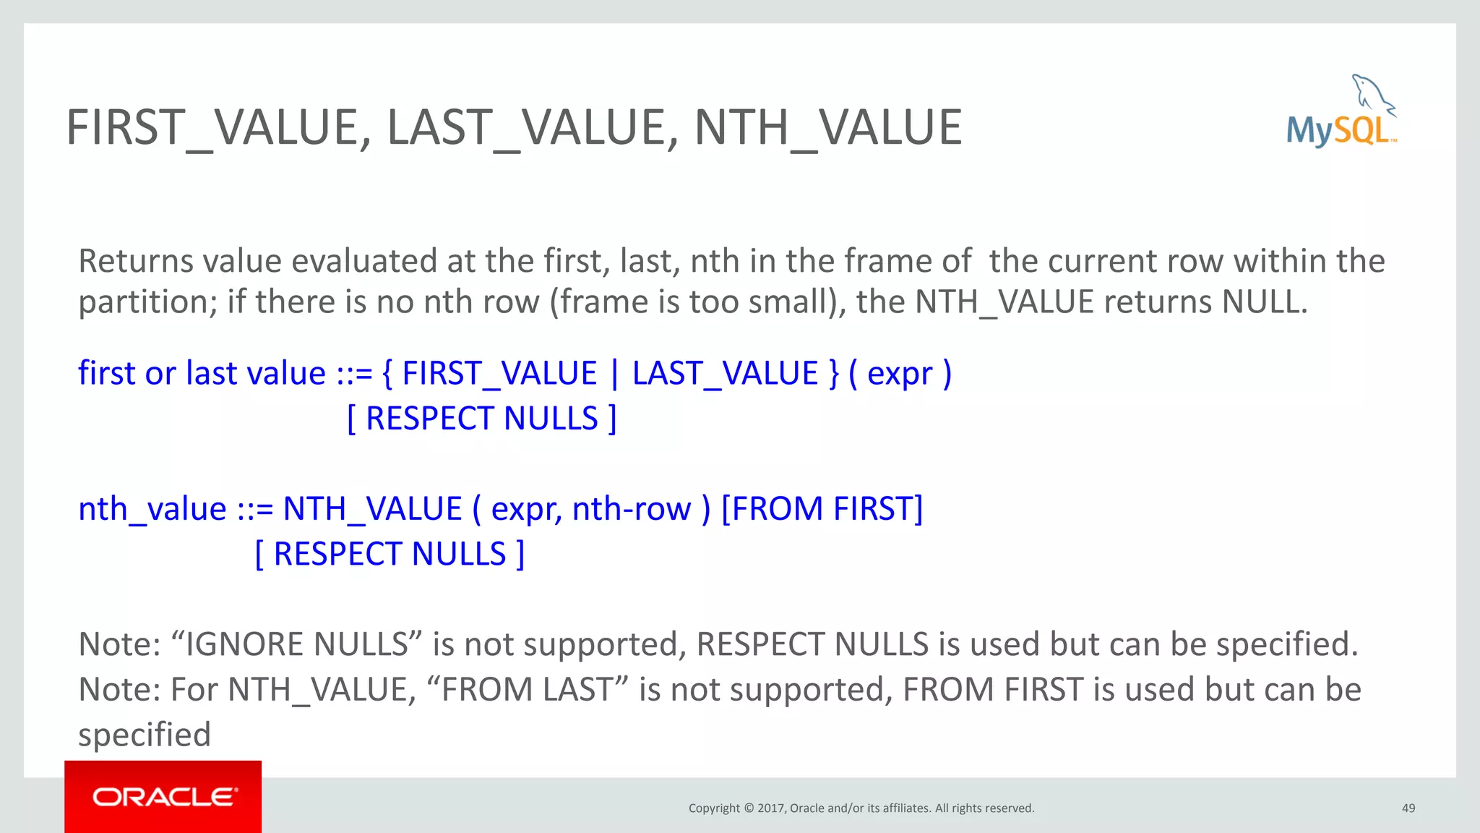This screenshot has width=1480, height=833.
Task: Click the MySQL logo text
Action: [x=1339, y=131]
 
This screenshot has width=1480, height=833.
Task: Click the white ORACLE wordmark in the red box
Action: [x=164, y=797]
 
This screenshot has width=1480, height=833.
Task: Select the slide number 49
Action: [x=1408, y=808]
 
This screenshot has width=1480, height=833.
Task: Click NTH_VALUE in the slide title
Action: [x=828, y=128]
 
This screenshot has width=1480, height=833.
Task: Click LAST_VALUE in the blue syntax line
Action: [x=725, y=374]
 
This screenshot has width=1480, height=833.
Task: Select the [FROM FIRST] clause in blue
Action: [x=822, y=509]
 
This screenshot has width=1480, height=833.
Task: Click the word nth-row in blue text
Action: [x=631, y=509]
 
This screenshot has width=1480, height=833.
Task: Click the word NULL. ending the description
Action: [x=1265, y=302]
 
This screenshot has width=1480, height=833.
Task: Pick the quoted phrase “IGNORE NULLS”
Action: [x=296, y=644]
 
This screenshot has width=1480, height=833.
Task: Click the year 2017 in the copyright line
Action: [x=771, y=808]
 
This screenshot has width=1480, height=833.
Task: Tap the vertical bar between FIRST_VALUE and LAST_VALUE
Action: [x=615, y=374]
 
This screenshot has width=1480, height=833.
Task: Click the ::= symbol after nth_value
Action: [x=255, y=509]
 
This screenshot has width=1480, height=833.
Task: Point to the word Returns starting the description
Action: [x=135, y=261]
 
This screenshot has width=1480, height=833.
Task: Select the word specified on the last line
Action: [x=145, y=735]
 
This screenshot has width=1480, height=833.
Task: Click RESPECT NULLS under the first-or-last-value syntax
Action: [x=481, y=419]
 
